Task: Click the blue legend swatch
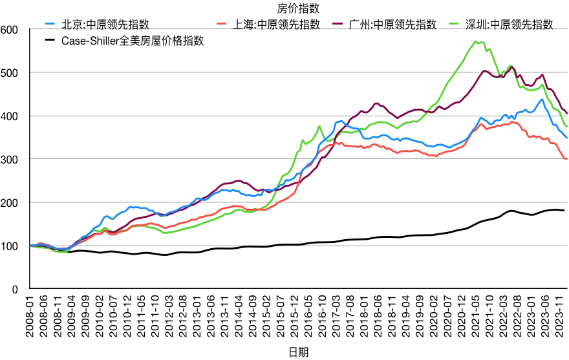click(x=50, y=23)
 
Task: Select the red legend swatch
click(x=221, y=23)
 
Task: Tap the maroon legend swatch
click(x=338, y=23)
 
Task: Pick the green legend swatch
click(x=454, y=23)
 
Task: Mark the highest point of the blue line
click(x=542, y=99)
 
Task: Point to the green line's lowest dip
click(x=63, y=252)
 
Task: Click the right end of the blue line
click(x=566, y=137)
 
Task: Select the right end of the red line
click(x=566, y=158)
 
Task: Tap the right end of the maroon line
click(x=566, y=114)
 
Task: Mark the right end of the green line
click(x=566, y=126)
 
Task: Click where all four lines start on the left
click(x=31, y=246)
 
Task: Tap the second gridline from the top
click(x=194, y=72)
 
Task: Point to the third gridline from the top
click(x=194, y=116)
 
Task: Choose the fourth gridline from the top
click(x=194, y=158)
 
